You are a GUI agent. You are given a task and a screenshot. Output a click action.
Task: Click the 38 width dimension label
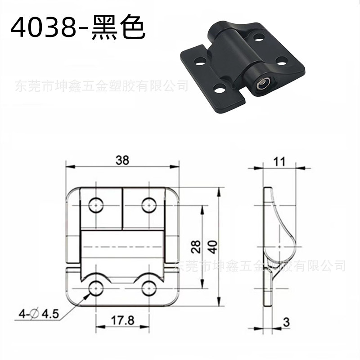click(122, 160)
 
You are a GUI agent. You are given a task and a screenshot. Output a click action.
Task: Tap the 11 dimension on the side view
click(279, 162)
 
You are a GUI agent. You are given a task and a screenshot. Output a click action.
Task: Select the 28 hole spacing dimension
click(196, 247)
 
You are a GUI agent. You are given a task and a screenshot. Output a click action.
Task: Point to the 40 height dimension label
click(213, 247)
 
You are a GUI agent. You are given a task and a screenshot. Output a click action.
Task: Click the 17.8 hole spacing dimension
click(122, 320)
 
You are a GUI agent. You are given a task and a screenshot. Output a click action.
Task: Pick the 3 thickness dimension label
click(286, 322)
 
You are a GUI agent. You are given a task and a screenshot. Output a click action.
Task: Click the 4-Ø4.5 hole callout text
click(39, 314)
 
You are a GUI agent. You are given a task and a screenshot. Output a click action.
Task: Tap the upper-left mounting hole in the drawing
click(96, 205)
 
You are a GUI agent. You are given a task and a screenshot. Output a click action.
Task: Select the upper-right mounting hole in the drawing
click(149, 205)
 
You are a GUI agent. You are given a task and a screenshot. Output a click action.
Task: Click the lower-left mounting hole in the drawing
click(96, 288)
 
